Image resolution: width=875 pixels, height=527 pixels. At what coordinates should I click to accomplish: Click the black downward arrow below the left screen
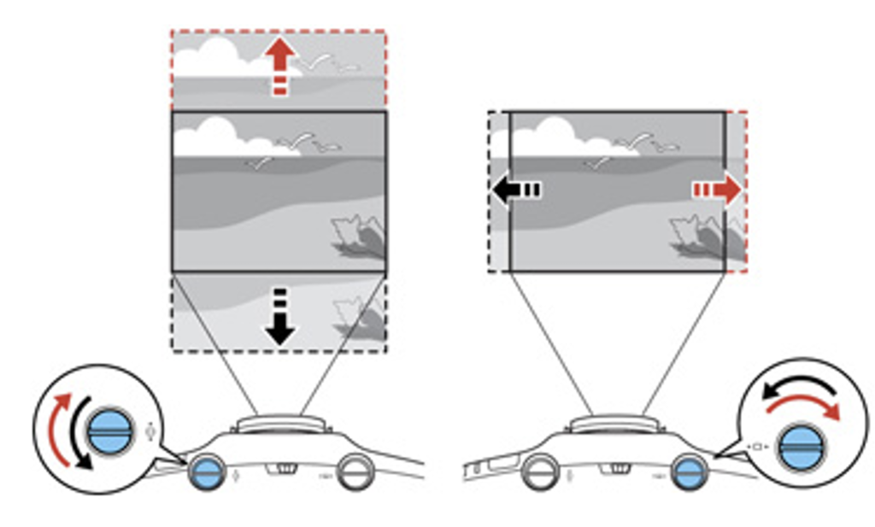point(279,319)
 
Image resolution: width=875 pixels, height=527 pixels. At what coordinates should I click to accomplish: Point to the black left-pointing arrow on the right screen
point(514,190)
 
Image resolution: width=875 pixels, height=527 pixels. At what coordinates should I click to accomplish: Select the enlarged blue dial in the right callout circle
point(801,443)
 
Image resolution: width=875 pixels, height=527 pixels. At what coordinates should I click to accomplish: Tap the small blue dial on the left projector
point(207,471)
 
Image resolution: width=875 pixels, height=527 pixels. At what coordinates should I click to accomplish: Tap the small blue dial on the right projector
point(689,471)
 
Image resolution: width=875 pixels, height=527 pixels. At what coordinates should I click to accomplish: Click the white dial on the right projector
point(541,471)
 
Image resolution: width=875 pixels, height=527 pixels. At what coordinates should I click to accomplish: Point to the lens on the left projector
point(279,422)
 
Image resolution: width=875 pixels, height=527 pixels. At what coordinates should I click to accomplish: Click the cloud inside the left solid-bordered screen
point(209,137)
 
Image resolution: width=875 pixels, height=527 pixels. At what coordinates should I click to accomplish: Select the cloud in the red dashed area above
point(214,58)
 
